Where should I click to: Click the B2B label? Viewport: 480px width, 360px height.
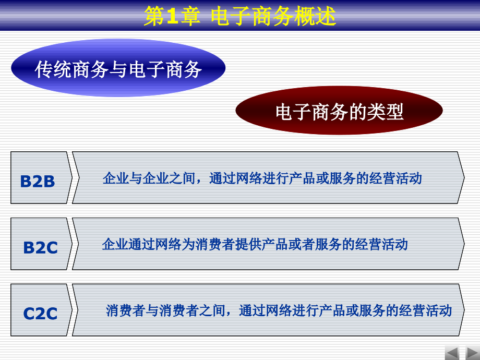[38, 181]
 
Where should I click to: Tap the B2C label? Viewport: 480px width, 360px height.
[40, 247]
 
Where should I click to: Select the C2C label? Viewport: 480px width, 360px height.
[40, 314]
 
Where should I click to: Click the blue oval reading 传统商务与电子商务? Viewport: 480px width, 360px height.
[118, 68]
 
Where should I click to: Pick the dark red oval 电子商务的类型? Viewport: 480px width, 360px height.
[339, 111]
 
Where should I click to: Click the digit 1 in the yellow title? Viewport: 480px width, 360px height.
[172, 16]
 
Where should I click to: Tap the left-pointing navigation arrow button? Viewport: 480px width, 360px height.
[452, 354]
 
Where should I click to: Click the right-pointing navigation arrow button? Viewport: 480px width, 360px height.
[473, 354]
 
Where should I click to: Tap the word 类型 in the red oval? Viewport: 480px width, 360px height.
[386, 112]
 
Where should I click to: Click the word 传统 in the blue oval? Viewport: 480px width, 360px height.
[53, 69]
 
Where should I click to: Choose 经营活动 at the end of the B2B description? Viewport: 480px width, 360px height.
[395, 178]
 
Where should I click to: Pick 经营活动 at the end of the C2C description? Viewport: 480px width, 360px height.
[426, 310]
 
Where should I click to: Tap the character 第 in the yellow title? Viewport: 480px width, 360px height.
[154, 16]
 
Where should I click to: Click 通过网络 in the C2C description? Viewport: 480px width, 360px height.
[265, 310]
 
